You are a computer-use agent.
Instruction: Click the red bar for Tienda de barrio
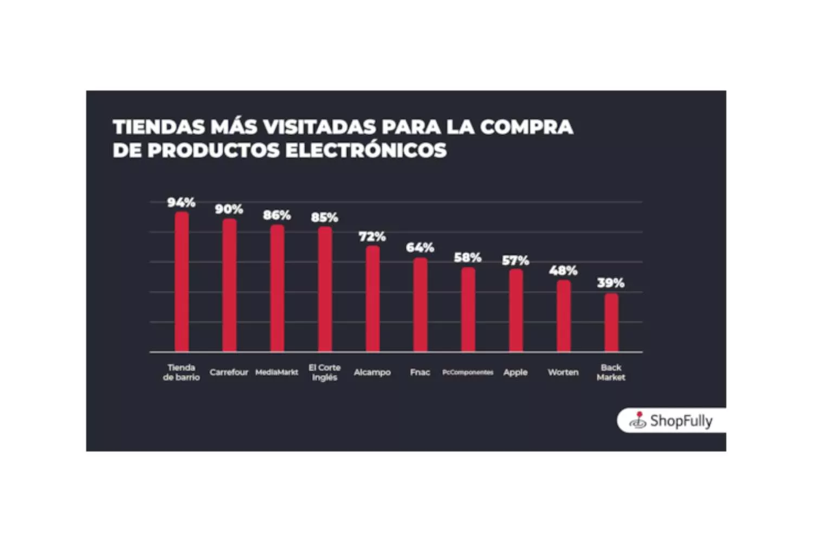[x=182, y=282]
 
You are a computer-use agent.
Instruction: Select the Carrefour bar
[x=229, y=285]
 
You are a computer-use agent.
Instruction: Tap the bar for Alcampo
[x=372, y=299]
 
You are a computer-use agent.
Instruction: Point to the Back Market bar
[x=611, y=322]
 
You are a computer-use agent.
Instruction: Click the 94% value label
[x=181, y=203]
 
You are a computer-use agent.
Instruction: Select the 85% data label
[x=325, y=218]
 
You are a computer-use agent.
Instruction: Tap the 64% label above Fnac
[x=420, y=248]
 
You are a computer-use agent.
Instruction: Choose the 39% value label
[x=611, y=283]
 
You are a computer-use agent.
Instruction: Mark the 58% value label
[x=468, y=257]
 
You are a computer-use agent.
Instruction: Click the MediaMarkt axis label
[x=277, y=372]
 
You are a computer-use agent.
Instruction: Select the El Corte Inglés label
[x=325, y=372]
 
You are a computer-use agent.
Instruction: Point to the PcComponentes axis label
[x=468, y=372]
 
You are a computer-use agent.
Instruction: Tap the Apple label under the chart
[x=515, y=372]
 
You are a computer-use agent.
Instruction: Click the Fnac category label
[x=420, y=372]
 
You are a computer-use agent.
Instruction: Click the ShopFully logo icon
[x=638, y=420]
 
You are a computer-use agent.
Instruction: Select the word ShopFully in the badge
[x=681, y=421]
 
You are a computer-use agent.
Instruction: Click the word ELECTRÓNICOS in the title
[x=366, y=150]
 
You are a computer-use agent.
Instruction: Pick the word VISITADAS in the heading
[x=319, y=127]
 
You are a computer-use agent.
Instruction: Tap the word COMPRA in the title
[x=526, y=127]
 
